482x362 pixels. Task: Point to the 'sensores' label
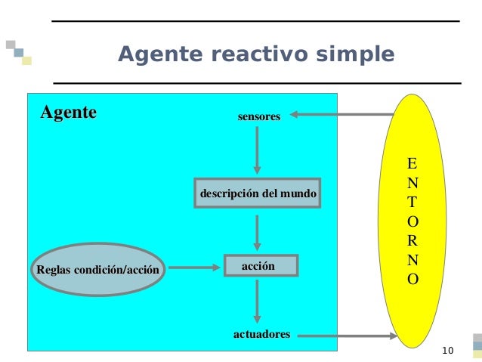click(x=258, y=117)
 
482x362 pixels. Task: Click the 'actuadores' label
click(x=261, y=333)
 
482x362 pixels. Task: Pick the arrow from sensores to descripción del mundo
click(x=258, y=150)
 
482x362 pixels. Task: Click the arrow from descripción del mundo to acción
click(x=258, y=233)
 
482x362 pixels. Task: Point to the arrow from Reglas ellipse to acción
click(x=195, y=267)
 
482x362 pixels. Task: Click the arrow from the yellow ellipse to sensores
click(x=340, y=116)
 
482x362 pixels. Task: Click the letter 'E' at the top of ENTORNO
click(x=411, y=163)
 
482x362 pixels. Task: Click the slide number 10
click(x=447, y=350)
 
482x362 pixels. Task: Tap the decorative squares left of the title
click(x=19, y=51)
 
